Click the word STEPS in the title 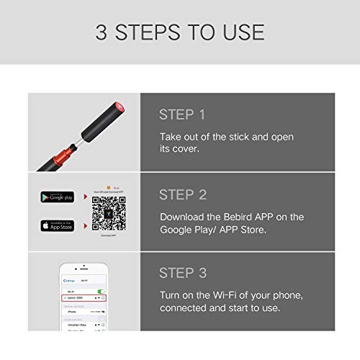(153, 33)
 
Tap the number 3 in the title (103, 33)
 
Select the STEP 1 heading (181, 114)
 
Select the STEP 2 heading (182, 194)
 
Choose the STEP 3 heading (182, 274)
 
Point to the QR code (107, 212)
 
